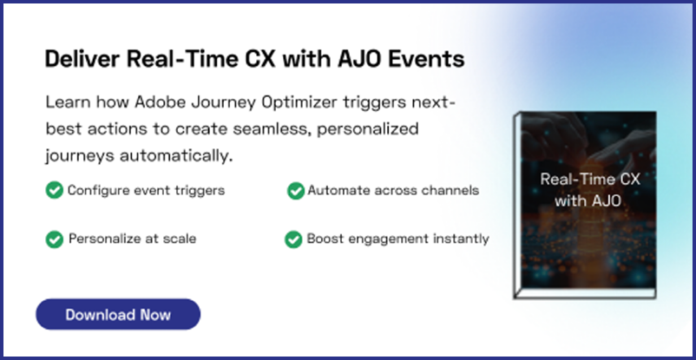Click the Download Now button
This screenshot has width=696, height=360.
click(x=118, y=314)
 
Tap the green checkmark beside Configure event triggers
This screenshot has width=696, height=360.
click(x=54, y=190)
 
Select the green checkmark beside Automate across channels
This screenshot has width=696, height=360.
click(x=295, y=190)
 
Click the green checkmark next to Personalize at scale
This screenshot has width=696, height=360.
click(x=54, y=239)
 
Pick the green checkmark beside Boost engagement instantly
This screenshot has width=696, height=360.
click(x=293, y=239)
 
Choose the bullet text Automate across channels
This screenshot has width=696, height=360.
click(x=392, y=190)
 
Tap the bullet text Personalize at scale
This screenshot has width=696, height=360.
click(x=132, y=239)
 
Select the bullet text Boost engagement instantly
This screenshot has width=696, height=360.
click(x=397, y=239)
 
